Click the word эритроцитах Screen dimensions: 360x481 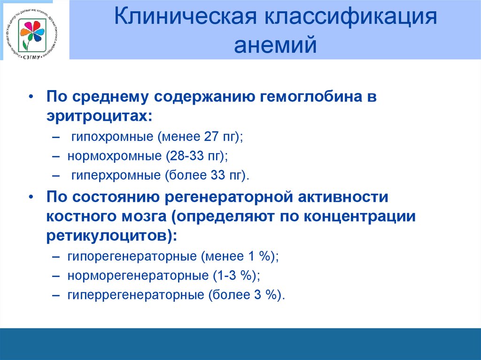96,116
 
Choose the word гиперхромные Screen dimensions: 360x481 115,176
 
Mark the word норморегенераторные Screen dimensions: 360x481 134,276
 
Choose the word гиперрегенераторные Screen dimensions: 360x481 135,295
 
